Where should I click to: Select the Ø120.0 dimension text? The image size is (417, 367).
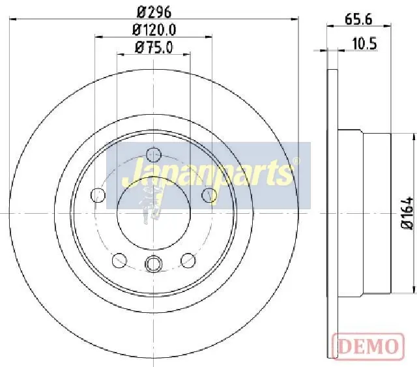[x=154, y=30]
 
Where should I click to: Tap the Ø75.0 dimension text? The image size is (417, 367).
[x=154, y=48]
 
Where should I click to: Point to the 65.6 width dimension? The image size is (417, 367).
[x=358, y=19]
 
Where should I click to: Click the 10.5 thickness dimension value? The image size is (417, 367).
[x=364, y=44]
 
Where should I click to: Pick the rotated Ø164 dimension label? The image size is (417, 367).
[x=407, y=213]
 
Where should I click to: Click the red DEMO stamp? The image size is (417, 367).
[x=368, y=346]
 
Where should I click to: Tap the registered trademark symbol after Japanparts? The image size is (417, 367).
[x=296, y=161]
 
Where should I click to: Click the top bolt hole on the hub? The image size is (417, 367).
[x=154, y=154]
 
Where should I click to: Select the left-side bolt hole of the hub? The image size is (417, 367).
[x=98, y=195]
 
